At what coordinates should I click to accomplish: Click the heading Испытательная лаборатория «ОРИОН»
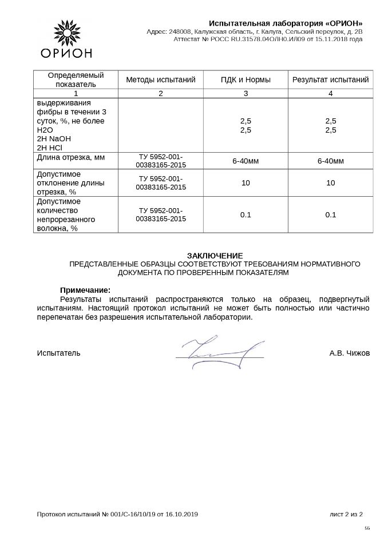pyautogui.click(x=286, y=22)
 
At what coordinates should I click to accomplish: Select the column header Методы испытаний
pyautogui.click(x=161, y=79)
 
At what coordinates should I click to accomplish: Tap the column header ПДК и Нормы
pyautogui.click(x=246, y=79)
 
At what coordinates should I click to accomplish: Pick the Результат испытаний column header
pyautogui.click(x=330, y=79)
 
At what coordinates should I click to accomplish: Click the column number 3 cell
pyautogui.click(x=246, y=93)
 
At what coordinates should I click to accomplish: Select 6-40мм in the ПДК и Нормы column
pyautogui.click(x=246, y=161)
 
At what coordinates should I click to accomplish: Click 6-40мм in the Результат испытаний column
pyautogui.click(x=330, y=161)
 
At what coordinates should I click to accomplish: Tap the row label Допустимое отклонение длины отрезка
pyautogui.click(x=67, y=182)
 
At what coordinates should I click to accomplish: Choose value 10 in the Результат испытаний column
pyautogui.click(x=330, y=183)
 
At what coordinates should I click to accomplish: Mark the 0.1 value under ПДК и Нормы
pyautogui.click(x=246, y=214)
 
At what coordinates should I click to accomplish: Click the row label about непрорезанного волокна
pyautogui.click(x=66, y=214)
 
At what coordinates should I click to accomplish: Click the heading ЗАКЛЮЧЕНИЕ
pyautogui.click(x=215, y=255)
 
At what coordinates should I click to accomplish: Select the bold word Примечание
pyautogui.click(x=85, y=290)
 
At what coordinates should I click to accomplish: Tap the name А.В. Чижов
pyautogui.click(x=350, y=353)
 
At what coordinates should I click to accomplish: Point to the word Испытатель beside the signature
pyautogui.click(x=59, y=353)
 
